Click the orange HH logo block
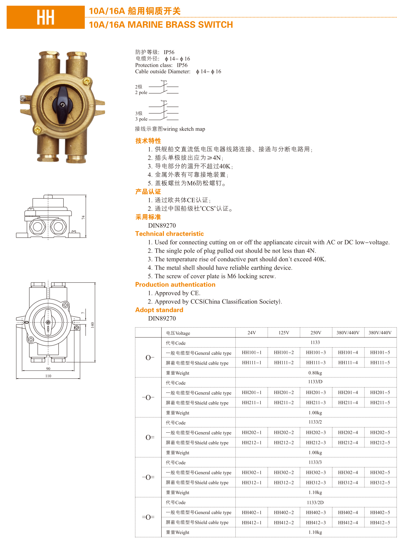46,17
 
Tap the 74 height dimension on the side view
83,217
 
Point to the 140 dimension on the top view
92,325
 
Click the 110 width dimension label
48,376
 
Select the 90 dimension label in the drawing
48,369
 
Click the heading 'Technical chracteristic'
169,234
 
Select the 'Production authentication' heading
175,285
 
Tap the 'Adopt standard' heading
159,310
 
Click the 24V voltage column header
251,333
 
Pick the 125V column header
284,333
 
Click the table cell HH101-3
316,353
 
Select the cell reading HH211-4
348,403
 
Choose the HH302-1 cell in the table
251,473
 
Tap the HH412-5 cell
380,523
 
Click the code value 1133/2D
315,503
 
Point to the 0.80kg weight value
315,373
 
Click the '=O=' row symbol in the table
148,517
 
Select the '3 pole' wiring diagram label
141,119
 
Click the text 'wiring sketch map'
184,129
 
